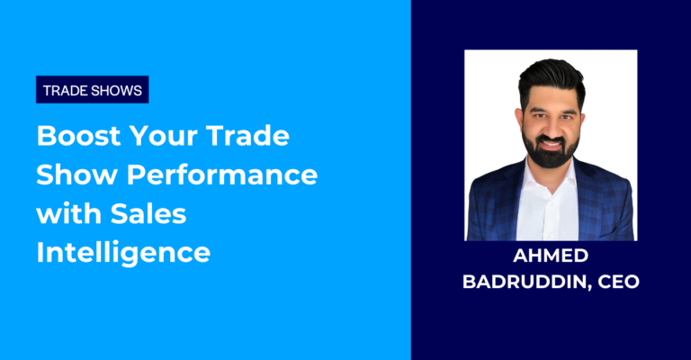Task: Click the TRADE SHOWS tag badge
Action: pos(93,90)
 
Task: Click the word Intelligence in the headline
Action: pos(123,253)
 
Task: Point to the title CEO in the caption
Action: pos(619,282)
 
